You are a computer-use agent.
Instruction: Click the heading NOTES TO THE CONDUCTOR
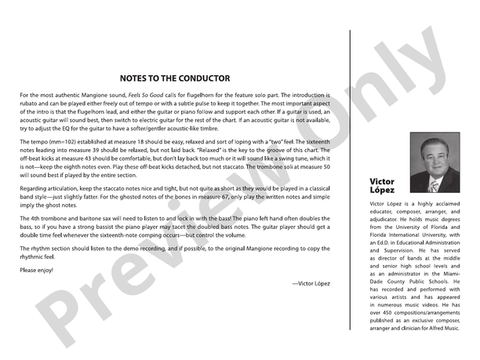tap(175, 78)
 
